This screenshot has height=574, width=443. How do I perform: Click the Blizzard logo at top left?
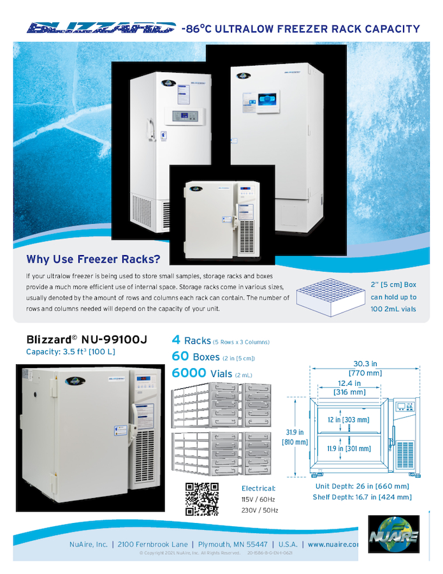coord(101,27)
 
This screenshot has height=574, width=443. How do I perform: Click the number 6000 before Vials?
coord(189,374)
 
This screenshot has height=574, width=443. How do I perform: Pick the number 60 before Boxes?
coord(180,357)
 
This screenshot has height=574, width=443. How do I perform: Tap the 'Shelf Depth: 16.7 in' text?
coord(362,497)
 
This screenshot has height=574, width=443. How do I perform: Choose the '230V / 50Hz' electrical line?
coord(259,510)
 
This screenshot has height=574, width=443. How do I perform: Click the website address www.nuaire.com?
coord(333,545)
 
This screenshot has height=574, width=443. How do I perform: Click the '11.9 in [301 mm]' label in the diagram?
coord(349,448)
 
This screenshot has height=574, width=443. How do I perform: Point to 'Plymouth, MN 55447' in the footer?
coord(233,545)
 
